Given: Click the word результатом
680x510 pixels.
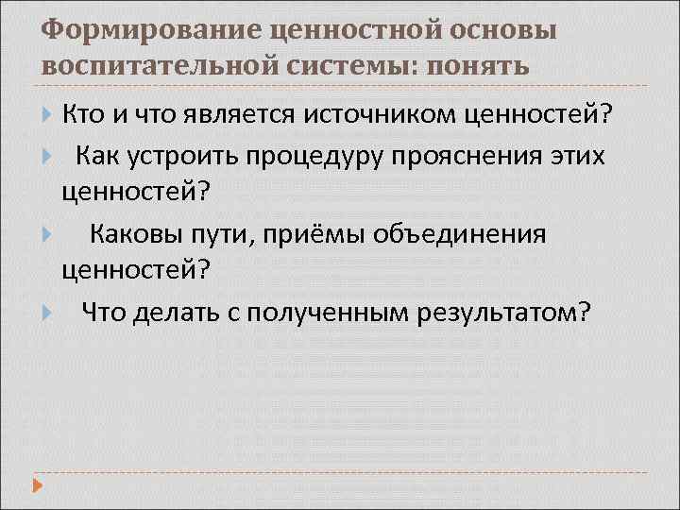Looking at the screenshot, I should click(x=503, y=312).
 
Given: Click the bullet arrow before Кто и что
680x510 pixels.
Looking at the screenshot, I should click(x=48, y=115).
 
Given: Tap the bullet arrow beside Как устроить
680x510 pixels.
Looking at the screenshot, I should click(x=48, y=155).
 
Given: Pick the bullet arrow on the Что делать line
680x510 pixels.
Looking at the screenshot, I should click(x=48, y=312).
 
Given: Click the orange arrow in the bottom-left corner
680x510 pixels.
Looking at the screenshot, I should click(x=38, y=488).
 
